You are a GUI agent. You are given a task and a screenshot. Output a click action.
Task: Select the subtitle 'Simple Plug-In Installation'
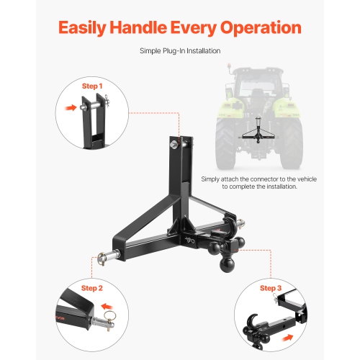pos(179,51)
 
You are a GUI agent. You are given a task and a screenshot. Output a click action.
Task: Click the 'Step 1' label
pos(91,86)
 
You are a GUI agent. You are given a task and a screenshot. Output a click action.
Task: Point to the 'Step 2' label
pos(91,288)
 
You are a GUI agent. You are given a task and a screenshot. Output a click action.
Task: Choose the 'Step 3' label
pos(271,288)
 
